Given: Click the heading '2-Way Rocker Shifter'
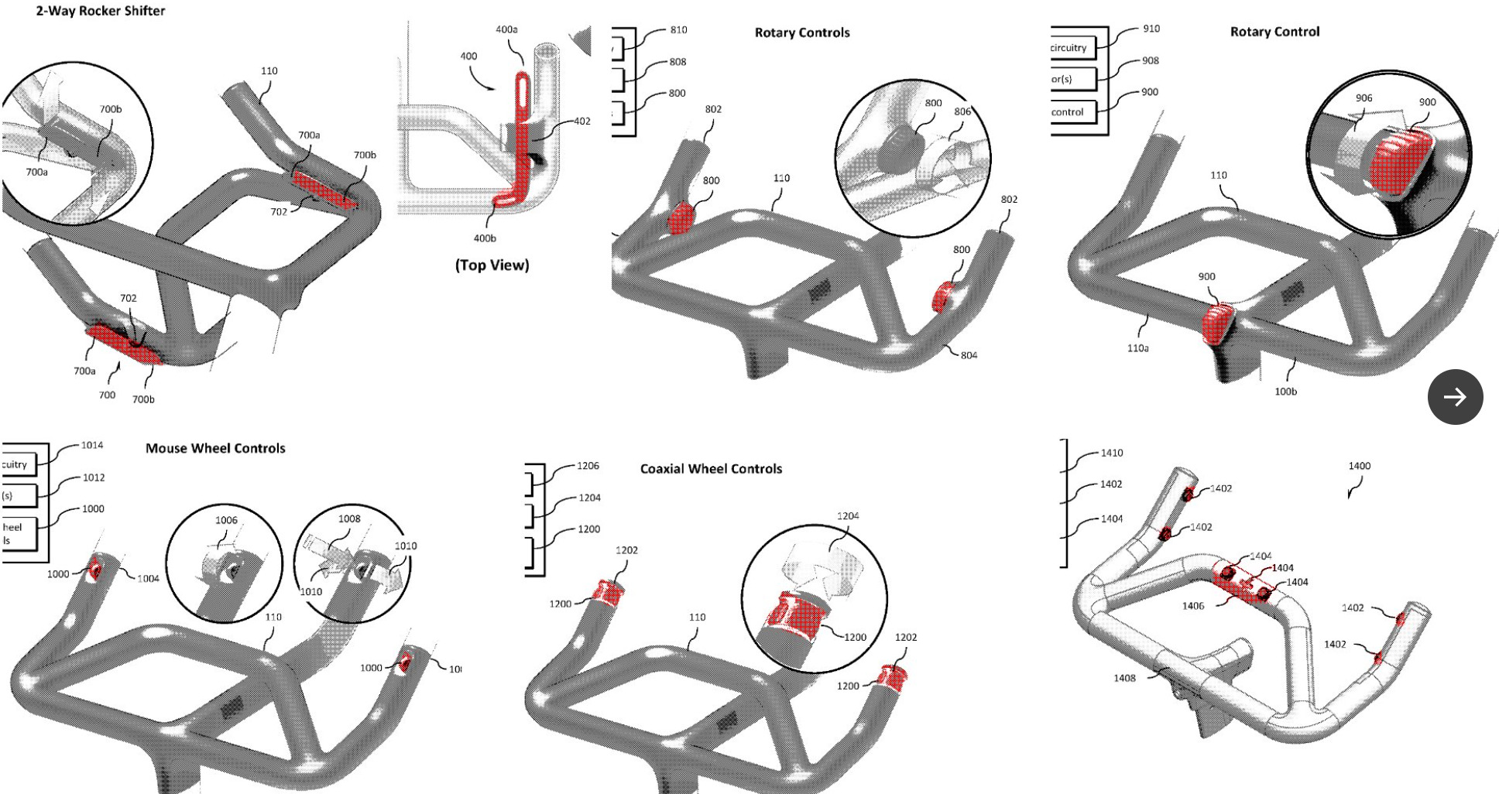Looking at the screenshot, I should (x=101, y=11).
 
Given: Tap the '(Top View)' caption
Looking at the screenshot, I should (x=492, y=265).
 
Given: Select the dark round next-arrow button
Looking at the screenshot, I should (x=1455, y=397).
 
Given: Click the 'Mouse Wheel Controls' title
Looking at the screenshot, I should (x=215, y=448).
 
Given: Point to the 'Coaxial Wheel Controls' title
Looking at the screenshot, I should (x=711, y=468).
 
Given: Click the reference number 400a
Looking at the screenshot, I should (x=506, y=29).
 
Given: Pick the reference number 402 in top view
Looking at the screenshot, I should (x=581, y=121).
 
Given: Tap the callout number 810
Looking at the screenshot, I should (x=678, y=29).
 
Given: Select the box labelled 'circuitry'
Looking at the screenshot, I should (x=1072, y=48).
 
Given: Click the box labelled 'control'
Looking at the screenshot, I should (x=1072, y=112).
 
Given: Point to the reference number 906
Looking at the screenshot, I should (x=1364, y=98).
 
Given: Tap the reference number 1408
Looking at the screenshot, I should (x=1124, y=678).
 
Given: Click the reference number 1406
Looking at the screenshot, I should (x=1192, y=606).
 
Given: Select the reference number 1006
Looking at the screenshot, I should (x=226, y=520).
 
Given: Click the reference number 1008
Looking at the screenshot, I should (x=349, y=518).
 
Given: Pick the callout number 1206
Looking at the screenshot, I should (x=588, y=466).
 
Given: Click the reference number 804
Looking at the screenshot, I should (x=969, y=355).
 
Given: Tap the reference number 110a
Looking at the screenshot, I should (x=1137, y=348).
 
